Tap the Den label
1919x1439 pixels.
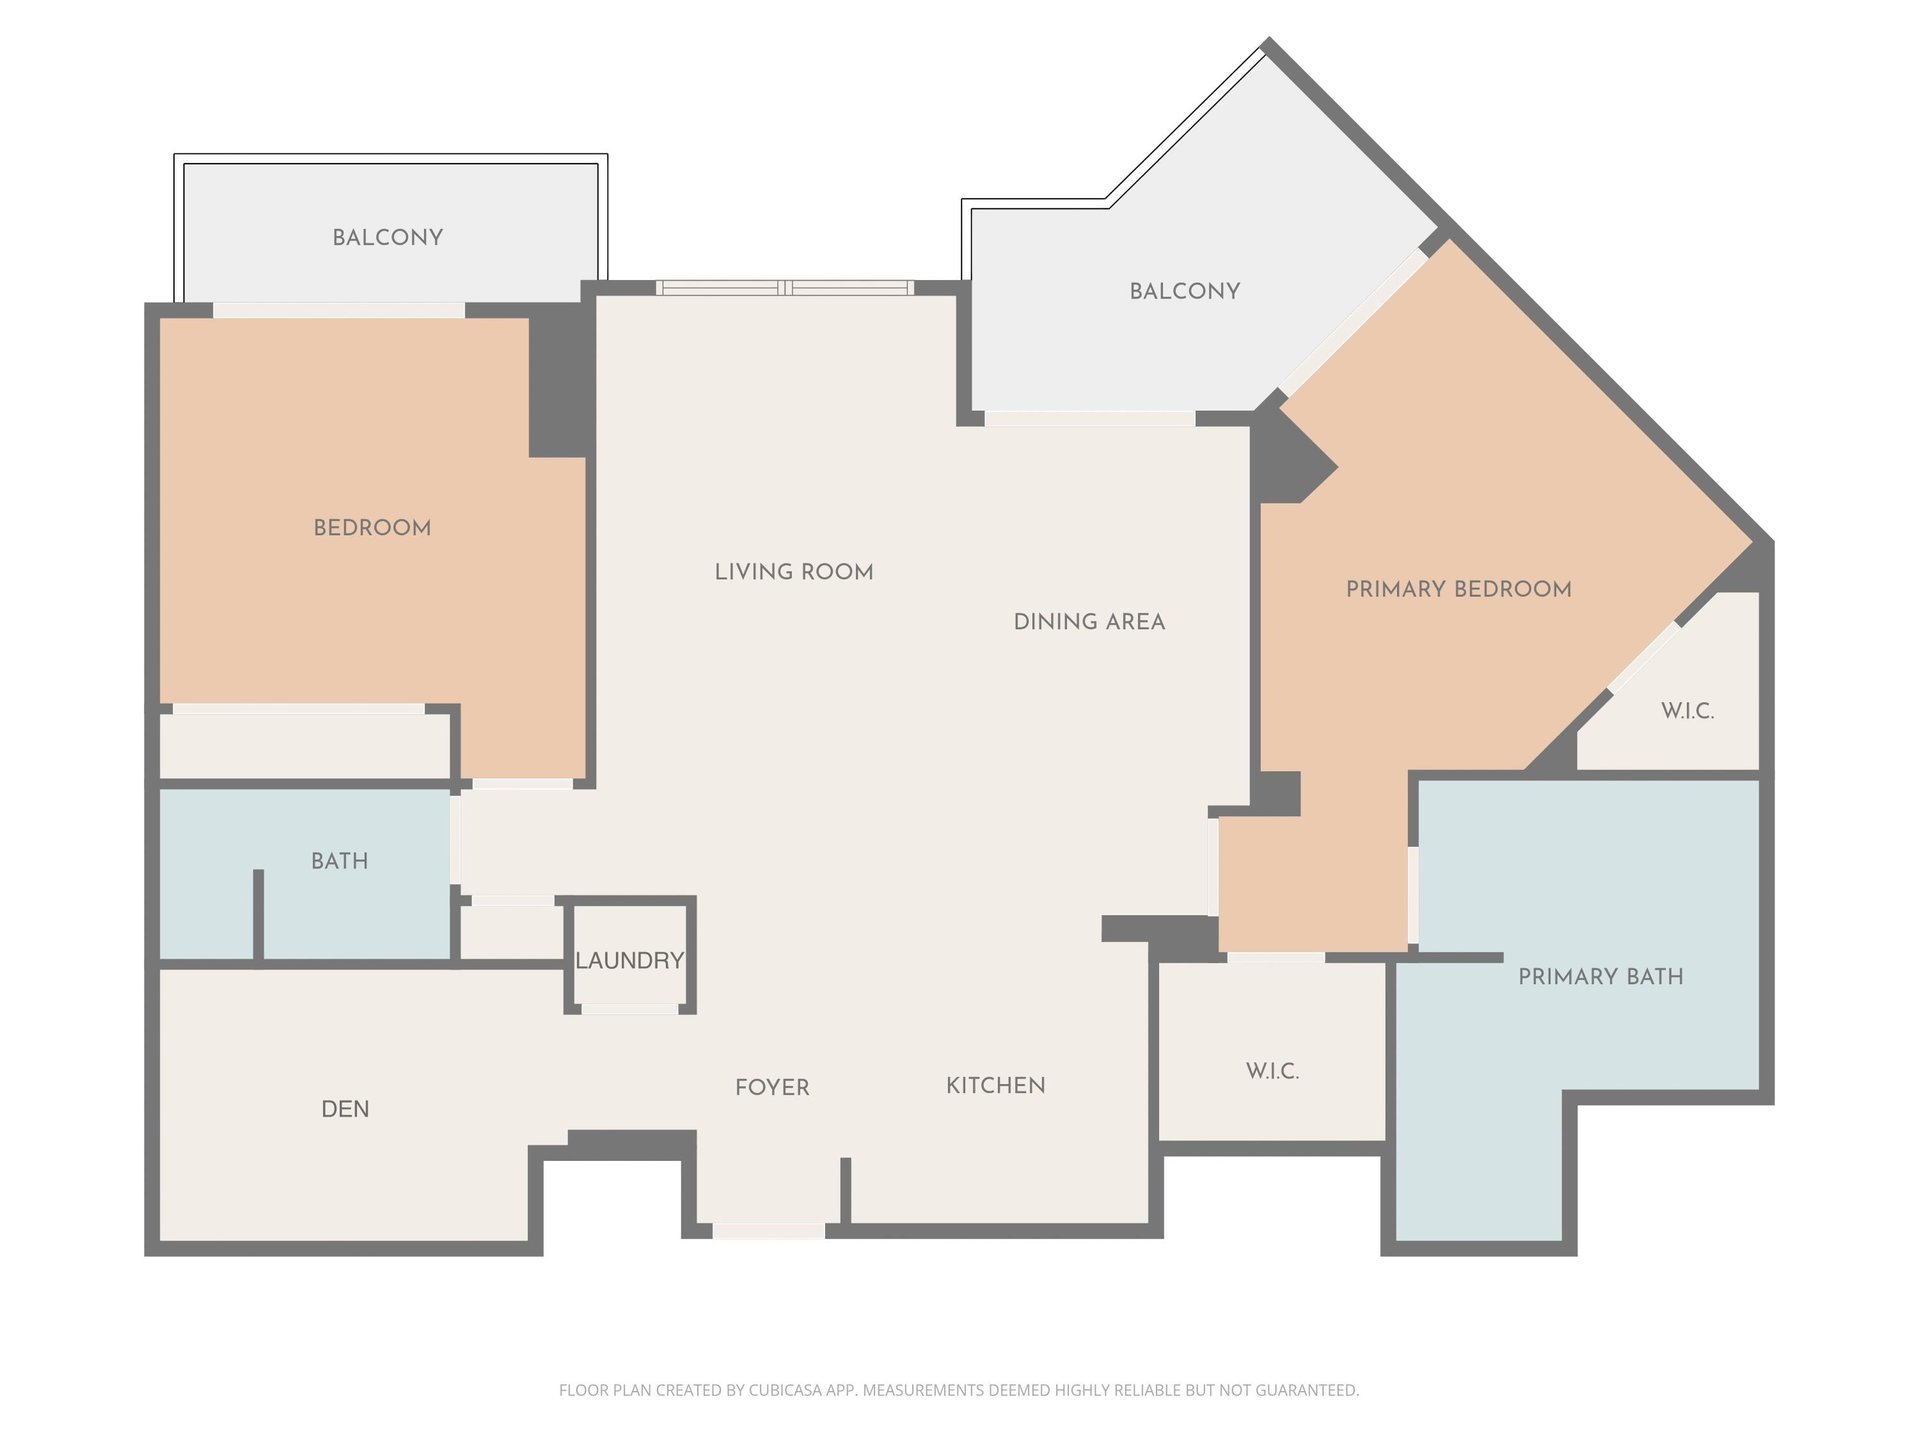[x=345, y=1108]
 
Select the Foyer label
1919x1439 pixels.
[x=772, y=1087]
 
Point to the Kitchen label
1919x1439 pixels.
[x=995, y=1085]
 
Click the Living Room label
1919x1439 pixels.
[x=794, y=572]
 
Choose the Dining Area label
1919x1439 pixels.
[x=1089, y=621]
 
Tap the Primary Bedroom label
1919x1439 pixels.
[x=1458, y=589]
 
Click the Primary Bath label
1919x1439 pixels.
[x=1600, y=976]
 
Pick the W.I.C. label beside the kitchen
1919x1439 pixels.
[x=1273, y=1071]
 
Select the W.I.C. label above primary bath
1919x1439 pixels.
[x=1687, y=711]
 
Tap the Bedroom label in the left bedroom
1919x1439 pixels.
[x=372, y=528]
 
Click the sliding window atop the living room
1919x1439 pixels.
[x=785, y=288]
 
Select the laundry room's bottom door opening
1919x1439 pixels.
[x=630, y=1009]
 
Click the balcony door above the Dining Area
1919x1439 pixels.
[x=1089, y=419]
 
